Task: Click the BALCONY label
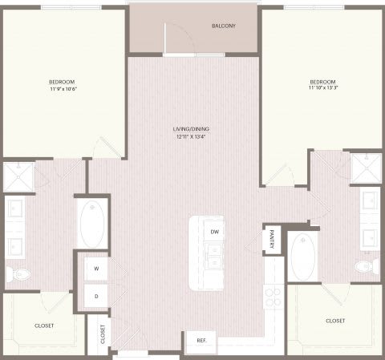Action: (224, 26)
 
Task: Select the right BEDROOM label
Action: (323, 82)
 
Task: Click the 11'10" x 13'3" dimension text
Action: (323, 90)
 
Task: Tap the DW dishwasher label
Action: (214, 232)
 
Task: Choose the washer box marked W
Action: (96, 269)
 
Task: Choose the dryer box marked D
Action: (96, 297)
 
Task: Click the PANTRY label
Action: (272, 241)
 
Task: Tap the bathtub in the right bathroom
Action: (302, 258)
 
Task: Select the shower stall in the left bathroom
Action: (18, 178)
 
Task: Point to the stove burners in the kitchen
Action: (274, 297)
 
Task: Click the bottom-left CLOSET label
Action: (45, 325)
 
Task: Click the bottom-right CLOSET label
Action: (334, 320)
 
